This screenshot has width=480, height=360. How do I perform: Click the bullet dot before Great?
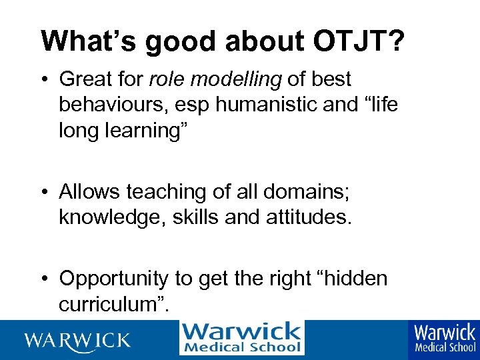click(48, 80)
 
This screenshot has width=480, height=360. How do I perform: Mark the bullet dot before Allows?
click(48, 193)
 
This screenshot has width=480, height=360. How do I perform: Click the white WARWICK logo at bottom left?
click(78, 339)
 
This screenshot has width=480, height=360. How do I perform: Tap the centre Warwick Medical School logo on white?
click(241, 338)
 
